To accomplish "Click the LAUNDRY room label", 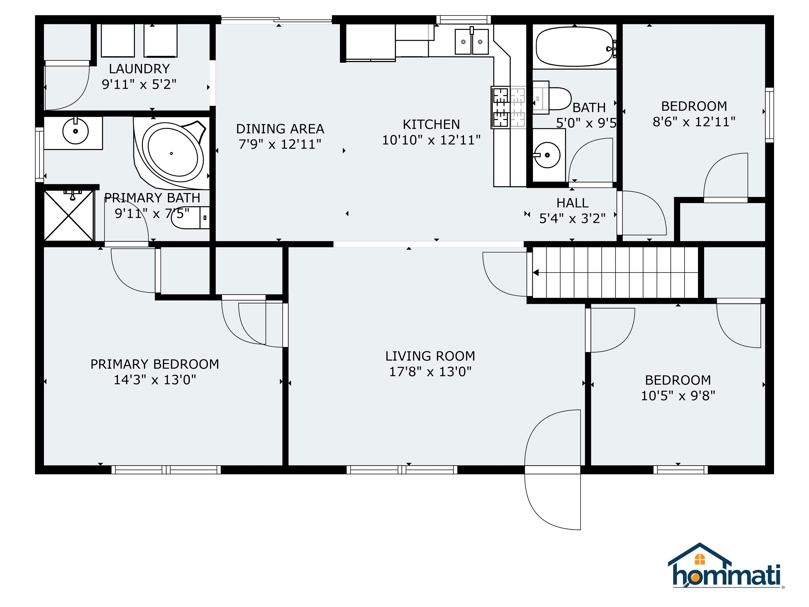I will click(x=139, y=69).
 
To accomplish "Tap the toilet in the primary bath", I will click(x=190, y=218).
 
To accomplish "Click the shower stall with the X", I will click(x=69, y=216).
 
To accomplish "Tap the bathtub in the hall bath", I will click(x=574, y=47).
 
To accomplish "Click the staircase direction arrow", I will click(x=536, y=273).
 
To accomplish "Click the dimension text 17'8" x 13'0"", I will click(x=430, y=372).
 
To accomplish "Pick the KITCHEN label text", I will click(x=431, y=124).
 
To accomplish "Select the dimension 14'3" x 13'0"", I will click(x=155, y=380).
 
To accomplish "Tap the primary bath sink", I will click(x=75, y=131).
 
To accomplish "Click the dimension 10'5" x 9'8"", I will click(x=678, y=395).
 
